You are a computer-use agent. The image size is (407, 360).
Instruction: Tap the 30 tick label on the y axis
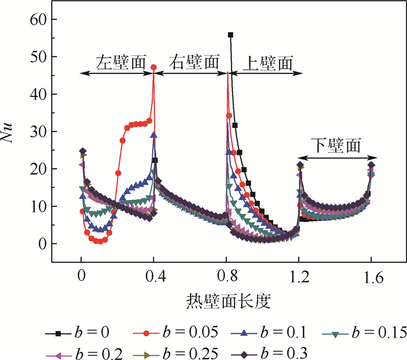pyautogui.click(x=39, y=131)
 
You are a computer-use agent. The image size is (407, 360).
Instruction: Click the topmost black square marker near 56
pyautogui.click(x=230, y=35)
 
